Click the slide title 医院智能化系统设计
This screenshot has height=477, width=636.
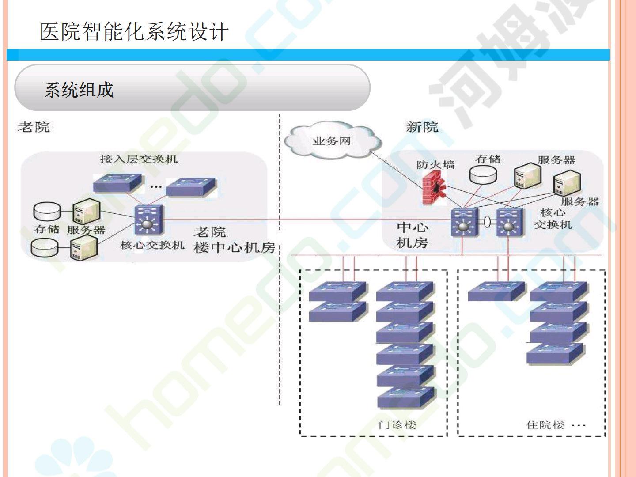[x=134, y=32]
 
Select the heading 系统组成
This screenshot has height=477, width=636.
[x=79, y=90]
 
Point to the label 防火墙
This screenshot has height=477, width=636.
[x=435, y=165]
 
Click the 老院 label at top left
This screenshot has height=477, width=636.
[x=34, y=127]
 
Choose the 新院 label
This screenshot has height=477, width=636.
[x=422, y=127]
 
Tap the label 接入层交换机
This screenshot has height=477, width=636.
[x=139, y=159]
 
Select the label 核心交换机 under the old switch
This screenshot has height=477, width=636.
[x=152, y=245]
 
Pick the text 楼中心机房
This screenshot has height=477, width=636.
[x=235, y=247]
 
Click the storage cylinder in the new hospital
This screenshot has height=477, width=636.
[x=483, y=175]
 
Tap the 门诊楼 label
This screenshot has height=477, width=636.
[x=397, y=425]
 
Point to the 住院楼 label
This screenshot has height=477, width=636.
[x=545, y=425]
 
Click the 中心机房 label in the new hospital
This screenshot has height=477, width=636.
[x=412, y=235]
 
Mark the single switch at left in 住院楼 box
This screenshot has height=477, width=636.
[x=496, y=291]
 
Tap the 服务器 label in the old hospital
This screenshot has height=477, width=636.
[x=87, y=230]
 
